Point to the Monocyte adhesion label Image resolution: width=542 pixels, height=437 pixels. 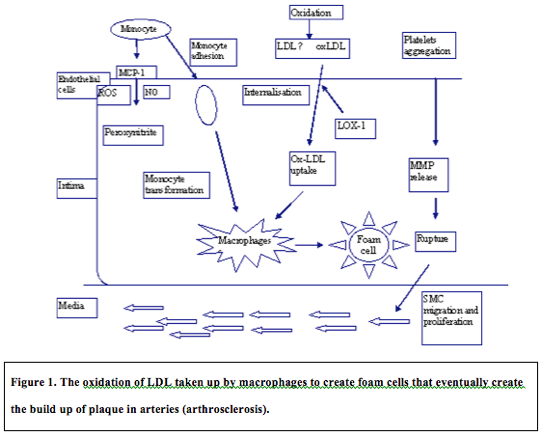click(x=208, y=50)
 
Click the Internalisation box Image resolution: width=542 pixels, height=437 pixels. click(x=276, y=94)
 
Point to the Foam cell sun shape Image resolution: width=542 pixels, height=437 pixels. click(x=368, y=245)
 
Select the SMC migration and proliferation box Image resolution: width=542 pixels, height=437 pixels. click(x=449, y=314)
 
